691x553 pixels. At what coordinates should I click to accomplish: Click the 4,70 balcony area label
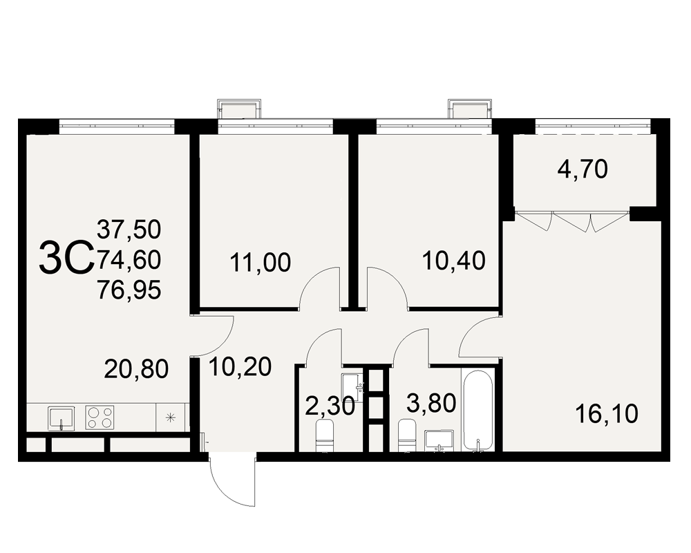point(583,169)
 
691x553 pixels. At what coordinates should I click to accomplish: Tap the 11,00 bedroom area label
point(261,263)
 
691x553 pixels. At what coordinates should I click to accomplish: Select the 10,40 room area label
point(454,261)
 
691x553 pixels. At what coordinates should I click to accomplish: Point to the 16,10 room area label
point(607,414)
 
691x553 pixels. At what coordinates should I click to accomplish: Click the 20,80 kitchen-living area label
point(136,369)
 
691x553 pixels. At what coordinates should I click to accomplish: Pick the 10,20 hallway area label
point(240,367)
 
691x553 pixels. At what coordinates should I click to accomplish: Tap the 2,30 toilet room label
point(330,406)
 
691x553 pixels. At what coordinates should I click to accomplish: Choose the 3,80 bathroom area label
point(431,403)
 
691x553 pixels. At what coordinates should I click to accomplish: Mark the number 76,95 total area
point(129,290)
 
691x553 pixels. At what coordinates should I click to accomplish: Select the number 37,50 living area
point(129,229)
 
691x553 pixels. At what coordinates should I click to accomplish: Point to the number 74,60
point(129,260)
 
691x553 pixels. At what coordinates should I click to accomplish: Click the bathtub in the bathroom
point(477,411)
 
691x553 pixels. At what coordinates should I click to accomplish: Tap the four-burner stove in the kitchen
point(100,418)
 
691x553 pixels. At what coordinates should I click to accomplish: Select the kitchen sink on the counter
point(61,418)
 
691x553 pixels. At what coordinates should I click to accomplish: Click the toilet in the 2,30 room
point(325,435)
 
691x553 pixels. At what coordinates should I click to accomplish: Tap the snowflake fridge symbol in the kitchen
point(171,418)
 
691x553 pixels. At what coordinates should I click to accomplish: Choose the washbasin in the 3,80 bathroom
point(439,441)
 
